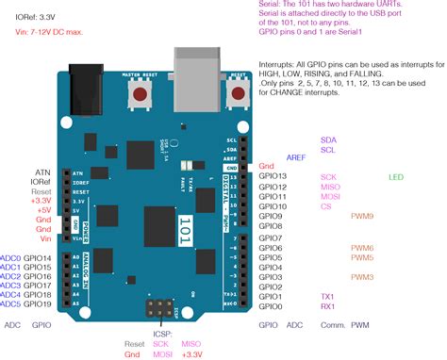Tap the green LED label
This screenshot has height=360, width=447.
[x=395, y=176]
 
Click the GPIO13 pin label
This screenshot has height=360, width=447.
[x=272, y=176]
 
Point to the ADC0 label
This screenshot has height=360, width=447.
[x=10, y=258]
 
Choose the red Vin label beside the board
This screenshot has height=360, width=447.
[x=44, y=239]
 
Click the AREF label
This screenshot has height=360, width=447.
[x=296, y=157]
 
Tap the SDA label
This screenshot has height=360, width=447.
[x=328, y=139]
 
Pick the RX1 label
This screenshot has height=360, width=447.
[x=328, y=306]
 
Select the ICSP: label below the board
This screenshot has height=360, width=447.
[x=138, y=333]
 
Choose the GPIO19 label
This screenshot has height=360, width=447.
[x=38, y=305]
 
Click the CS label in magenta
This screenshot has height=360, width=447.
[x=326, y=205]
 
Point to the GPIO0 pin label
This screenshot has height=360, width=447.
[x=270, y=306]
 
